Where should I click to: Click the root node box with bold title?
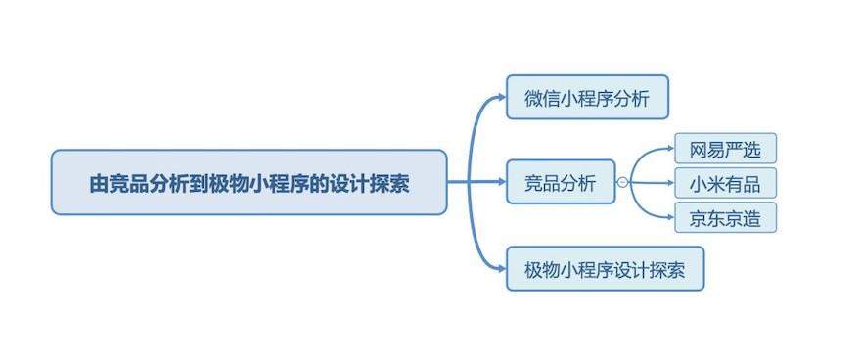(x=249, y=182)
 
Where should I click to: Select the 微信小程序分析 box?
(x=587, y=97)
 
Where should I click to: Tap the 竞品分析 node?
(x=560, y=182)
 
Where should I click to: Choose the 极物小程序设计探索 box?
(x=605, y=268)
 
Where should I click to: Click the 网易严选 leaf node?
(x=725, y=148)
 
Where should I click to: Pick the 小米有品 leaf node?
(x=725, y=183)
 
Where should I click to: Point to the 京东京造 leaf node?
(x=725, y=217)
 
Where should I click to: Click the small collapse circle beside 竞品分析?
(x=622, y=182)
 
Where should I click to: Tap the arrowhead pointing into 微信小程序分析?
(x=501, y=97)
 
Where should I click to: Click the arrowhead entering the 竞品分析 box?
(x=501, y=182)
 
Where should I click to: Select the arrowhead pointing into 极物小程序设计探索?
(x=501, y=268)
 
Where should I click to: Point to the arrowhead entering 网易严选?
(x=670, y=148)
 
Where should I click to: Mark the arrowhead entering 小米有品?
(x=670, y=183)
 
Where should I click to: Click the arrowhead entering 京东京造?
(x=670, y=217)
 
